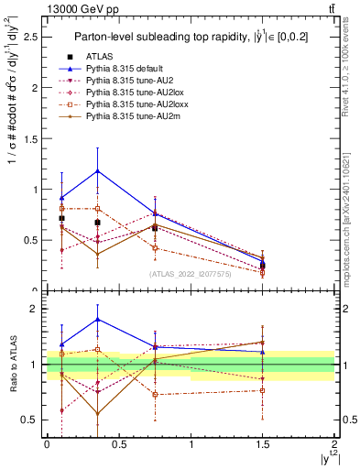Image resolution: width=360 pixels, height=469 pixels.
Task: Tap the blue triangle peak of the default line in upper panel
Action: coord(97,171)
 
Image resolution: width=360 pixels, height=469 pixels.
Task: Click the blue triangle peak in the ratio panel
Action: coord(97,319)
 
